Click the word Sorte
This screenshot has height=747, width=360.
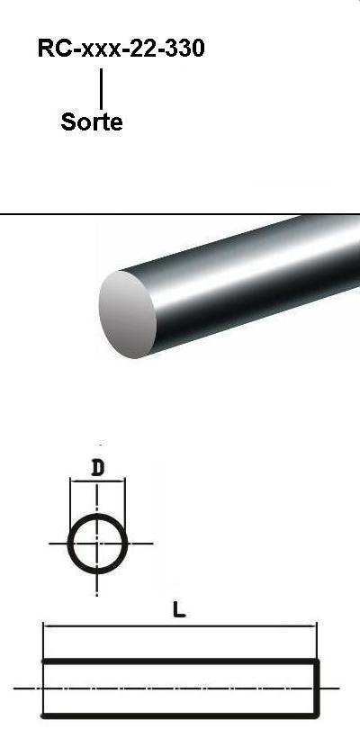point(92,122)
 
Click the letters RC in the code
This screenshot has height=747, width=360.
point(56,48)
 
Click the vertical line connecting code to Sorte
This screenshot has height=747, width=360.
point(101,88)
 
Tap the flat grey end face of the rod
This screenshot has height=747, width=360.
point(127,314)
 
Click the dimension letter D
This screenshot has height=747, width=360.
point(97,469)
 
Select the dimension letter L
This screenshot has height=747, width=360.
point(179,610)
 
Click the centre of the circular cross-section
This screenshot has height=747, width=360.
point(97,544)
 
